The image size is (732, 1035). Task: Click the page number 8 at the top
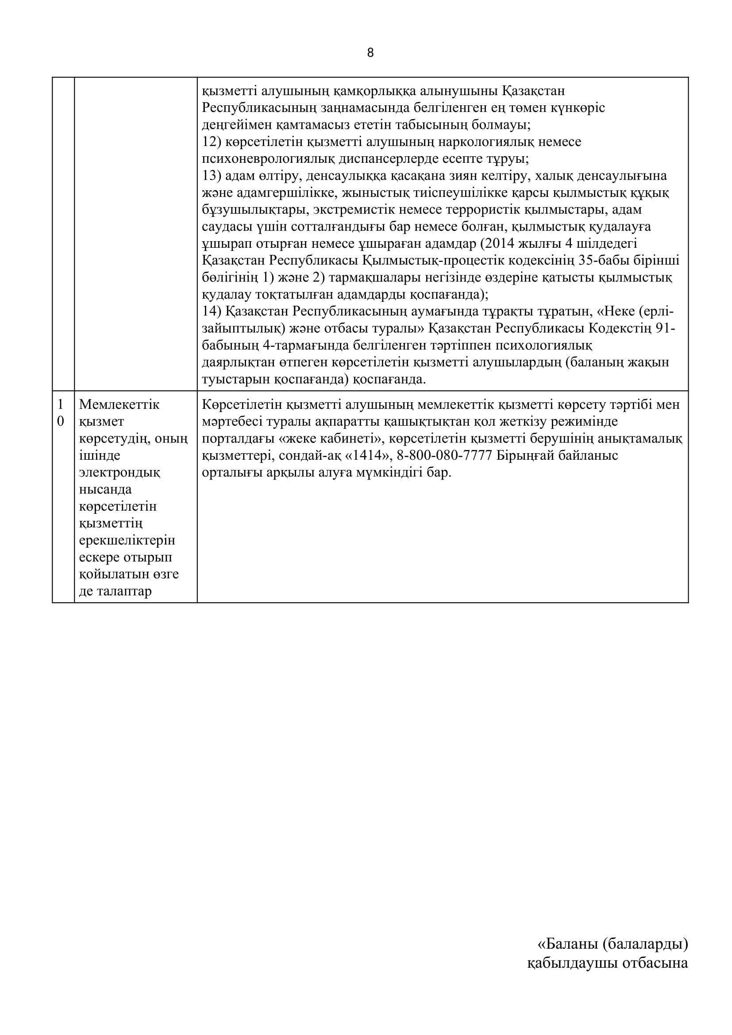370,53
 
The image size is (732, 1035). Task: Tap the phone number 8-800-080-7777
444,456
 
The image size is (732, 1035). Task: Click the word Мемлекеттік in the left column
119,405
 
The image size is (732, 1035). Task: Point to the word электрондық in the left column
119,473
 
